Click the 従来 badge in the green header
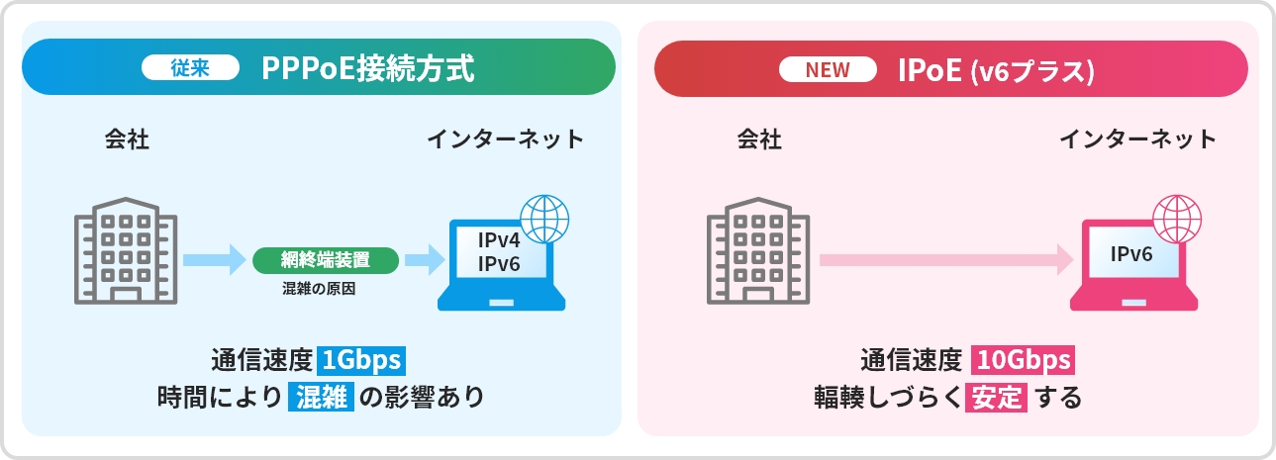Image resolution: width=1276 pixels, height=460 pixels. tap(190, 68)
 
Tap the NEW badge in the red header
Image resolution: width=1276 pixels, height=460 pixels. tap(827, 70)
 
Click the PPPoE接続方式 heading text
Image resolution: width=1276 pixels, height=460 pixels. tap(368, 68)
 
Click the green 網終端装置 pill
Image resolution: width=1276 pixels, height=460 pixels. tap(326, 261)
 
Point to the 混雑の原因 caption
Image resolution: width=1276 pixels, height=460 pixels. tap(318, 291)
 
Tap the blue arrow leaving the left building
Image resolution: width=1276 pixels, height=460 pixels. tap(213, 261)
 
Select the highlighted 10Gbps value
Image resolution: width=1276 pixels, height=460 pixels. tap(1023, 358)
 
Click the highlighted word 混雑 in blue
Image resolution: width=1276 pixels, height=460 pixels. tap(321, 398)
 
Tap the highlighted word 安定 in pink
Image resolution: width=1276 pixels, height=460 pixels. tap(997, 398)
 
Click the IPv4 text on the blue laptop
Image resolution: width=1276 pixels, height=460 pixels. tap(499, 240)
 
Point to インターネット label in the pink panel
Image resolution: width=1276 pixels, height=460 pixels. tap(1137, 139)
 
